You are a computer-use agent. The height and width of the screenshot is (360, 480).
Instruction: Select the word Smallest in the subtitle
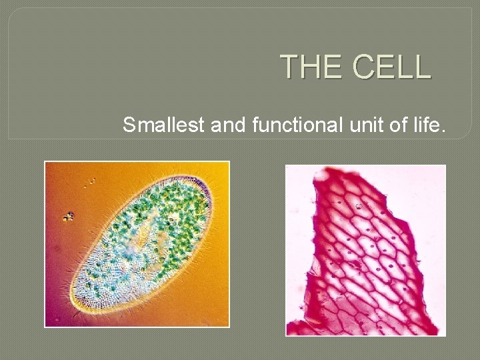pos(164,124)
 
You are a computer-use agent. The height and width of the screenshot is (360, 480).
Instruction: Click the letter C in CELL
pos(364,67)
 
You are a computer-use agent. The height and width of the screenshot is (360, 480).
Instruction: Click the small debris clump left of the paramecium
pos(68,216)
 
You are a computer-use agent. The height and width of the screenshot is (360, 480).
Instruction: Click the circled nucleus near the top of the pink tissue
pos(360,205)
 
